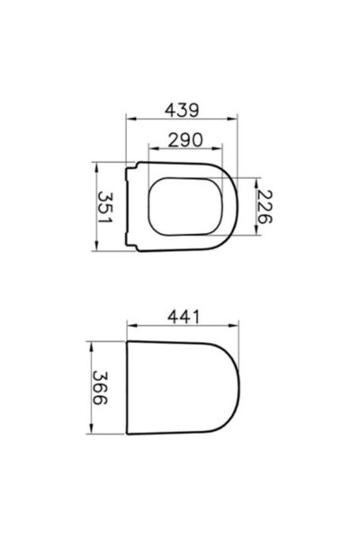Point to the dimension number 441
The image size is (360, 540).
tap(184, 317)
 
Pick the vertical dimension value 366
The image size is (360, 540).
tap(105, 388)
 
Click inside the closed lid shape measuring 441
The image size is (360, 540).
tap(184, 388)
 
